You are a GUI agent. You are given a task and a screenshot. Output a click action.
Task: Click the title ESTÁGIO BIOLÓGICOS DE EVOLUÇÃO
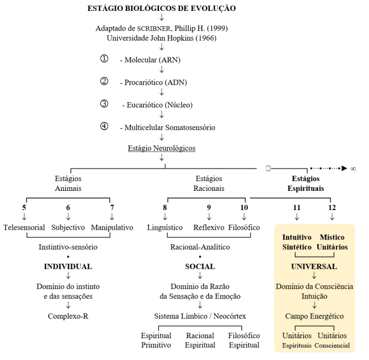pyautogui.click(x=162, y=8)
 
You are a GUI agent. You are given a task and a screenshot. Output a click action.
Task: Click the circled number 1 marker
pyautogui.click(x=104, y=59)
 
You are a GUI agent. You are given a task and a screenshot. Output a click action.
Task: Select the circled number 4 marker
pyautogui.click(x=104, y=127)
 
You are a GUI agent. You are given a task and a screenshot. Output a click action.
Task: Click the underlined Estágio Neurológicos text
pyautogui.click(x=162, y=148)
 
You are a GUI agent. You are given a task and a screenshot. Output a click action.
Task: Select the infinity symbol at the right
pyautogui.click(x=353, y=169)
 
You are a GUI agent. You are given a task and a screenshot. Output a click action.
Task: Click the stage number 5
pyautogui.click(x=24, y=207)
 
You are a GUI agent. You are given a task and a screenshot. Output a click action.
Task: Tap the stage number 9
pyautogui.click(x=209, y=207)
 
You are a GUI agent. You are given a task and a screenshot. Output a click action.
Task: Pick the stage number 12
pyautogui.click(x=332, y=207)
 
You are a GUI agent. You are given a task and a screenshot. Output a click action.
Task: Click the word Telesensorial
pyautogui.click(x=24, y=227)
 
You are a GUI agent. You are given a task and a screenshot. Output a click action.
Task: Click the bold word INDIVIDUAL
pyautogui.click(x=68, y=267)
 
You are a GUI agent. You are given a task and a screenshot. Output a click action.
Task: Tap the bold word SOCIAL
pyautogui.click(x=200, y=267)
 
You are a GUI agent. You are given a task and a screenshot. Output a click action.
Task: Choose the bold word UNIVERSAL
pyautogui.click(x=314, y=267)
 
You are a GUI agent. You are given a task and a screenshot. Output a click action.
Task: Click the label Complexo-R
pyautogui.click(x=68, y=315)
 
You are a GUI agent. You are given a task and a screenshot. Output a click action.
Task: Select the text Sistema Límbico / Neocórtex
pyautogui.click(x=200, y=315)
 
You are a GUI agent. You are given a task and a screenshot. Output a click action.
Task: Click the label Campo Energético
pyautogui.click(x=314, y=315)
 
